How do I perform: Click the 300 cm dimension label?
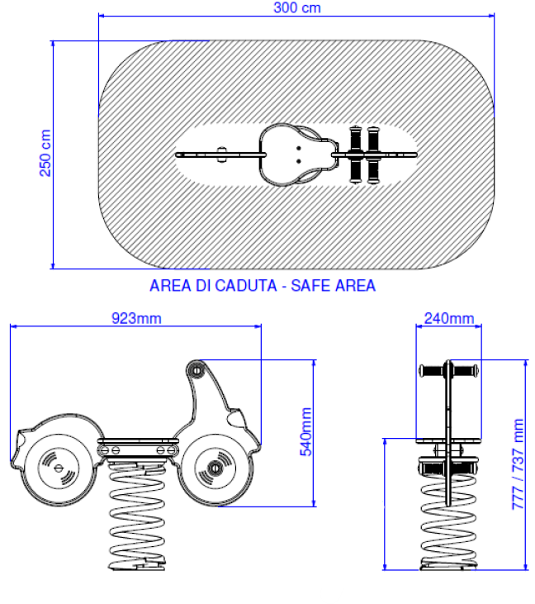tap(296, 7)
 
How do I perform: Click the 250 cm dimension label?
tap(45, 153)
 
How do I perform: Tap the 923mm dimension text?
tap(136, 318)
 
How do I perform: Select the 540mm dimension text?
tap(305, 432)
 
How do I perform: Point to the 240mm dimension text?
tap(449, 318)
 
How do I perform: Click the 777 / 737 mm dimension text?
tap(518, 464)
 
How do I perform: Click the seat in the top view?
tap(291, 155)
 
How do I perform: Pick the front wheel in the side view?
tap(215, 469)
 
